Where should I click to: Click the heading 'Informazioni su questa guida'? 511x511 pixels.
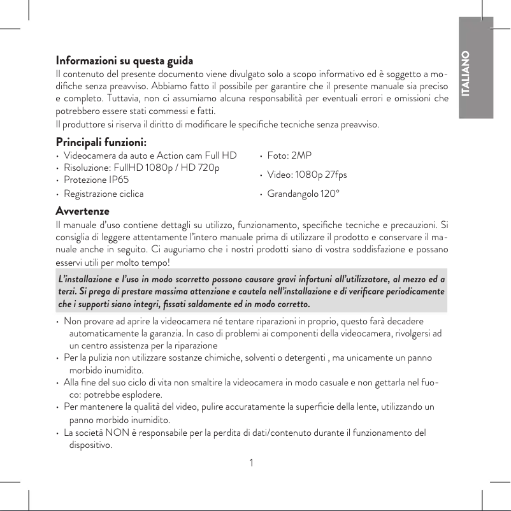click(x=124, y=62)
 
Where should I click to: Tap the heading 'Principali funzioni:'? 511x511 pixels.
click(x=101, y=140)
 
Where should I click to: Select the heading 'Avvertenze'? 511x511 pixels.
click(x=82, y=210)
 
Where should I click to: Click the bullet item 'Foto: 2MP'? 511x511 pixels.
click(x=289, y=155)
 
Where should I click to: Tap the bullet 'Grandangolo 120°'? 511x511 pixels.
click(x=303, y=193)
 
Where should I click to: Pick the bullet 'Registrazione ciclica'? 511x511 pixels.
click(x=103, y=193)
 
